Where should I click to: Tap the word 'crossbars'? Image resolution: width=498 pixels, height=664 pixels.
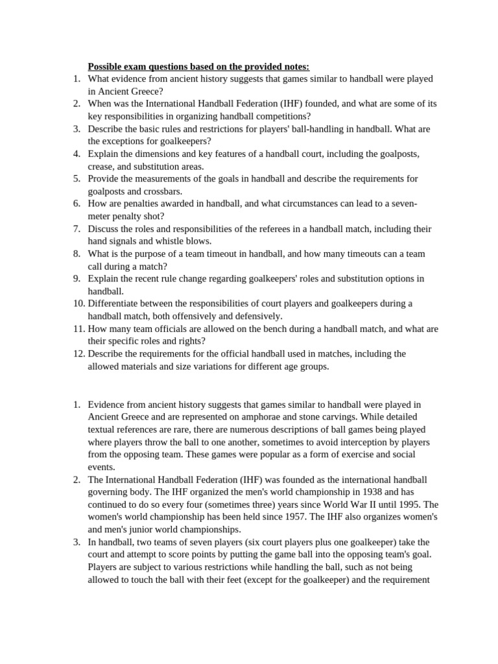click(161, 191)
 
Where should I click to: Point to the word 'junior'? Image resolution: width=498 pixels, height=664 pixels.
click(146, 529)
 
